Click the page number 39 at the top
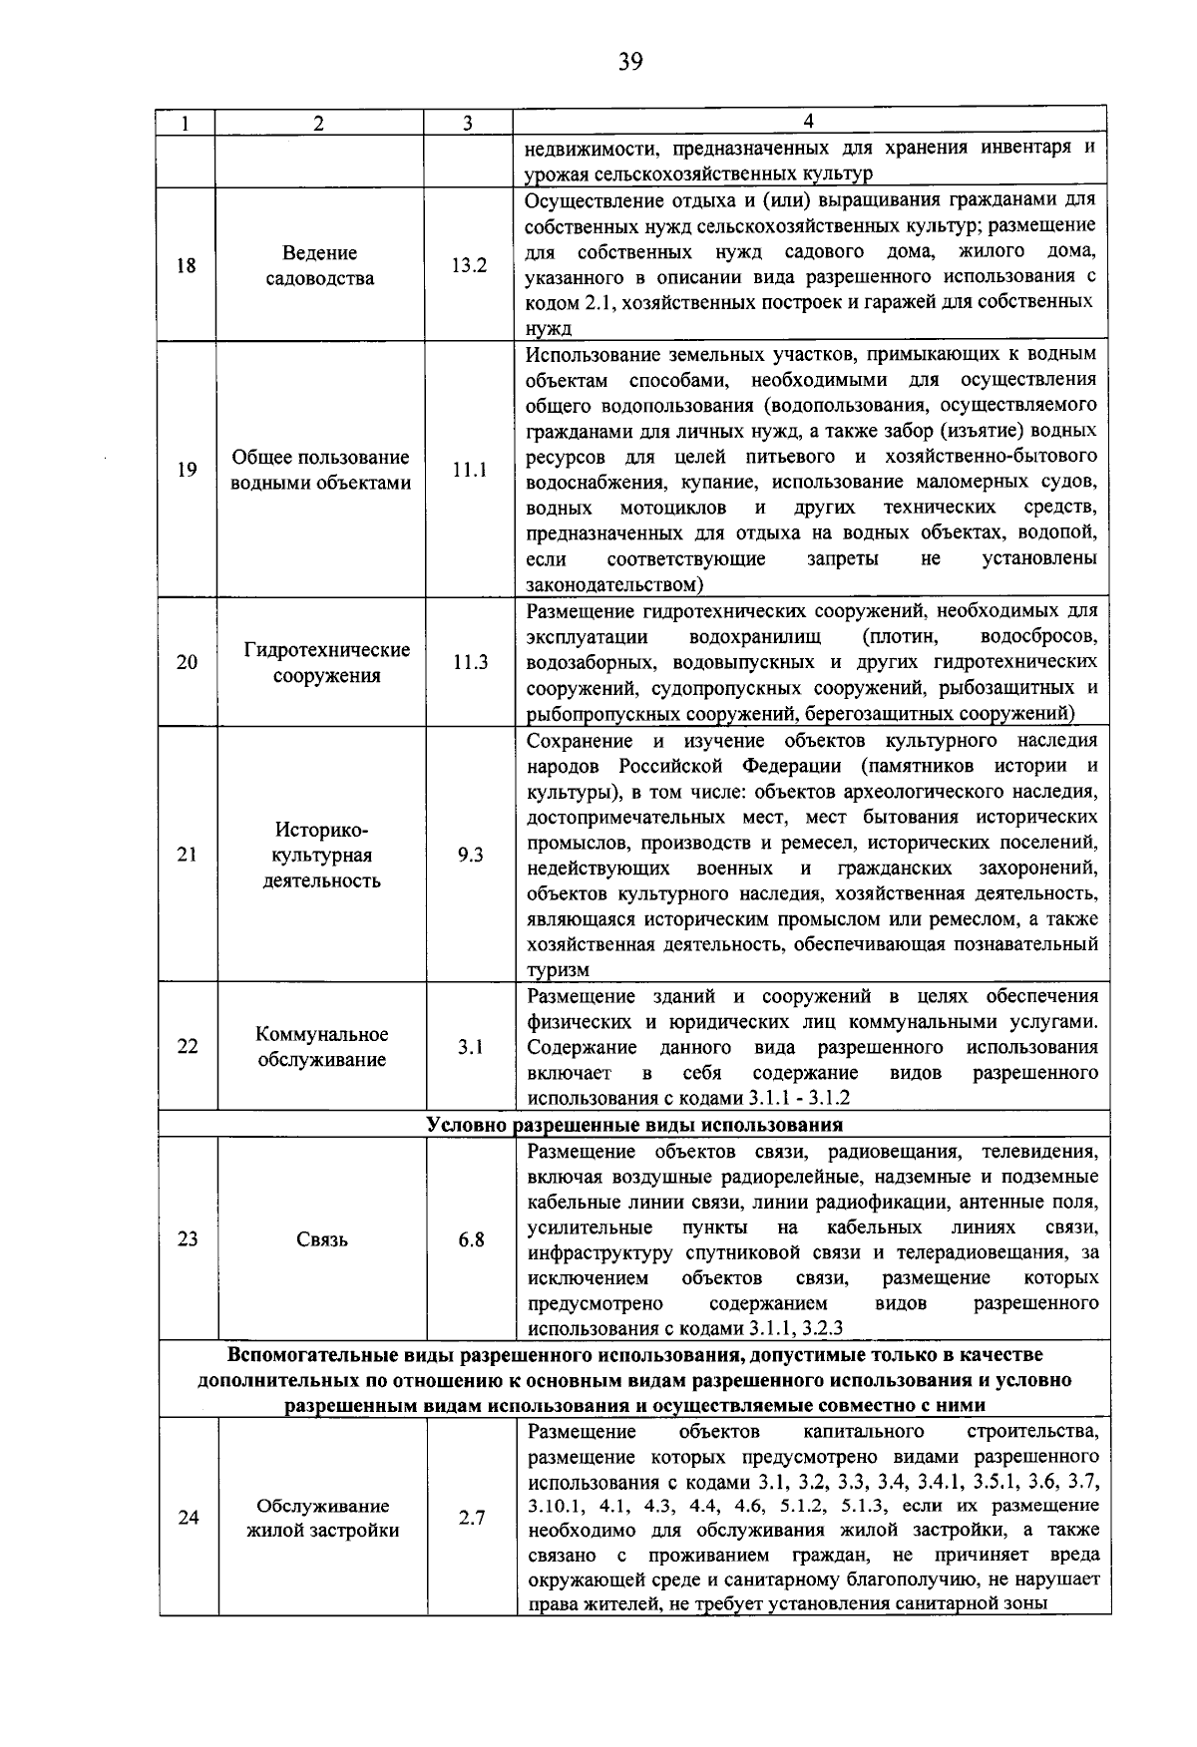[629, 63]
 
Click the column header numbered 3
[468, 123]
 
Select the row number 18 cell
[188, 265]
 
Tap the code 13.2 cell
[468, 265]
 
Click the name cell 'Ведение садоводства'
[320, 265]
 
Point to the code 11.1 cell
[469, 470]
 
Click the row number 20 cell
[188, 662]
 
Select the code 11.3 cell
[469, 662]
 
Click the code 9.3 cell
[470, 855]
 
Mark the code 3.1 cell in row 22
[470, 1047]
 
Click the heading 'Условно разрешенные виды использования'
[634, 1125]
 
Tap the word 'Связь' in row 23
[322, 1239]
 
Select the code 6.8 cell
[471, 1239]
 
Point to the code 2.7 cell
[471, 1518]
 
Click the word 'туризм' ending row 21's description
[558, 970]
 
